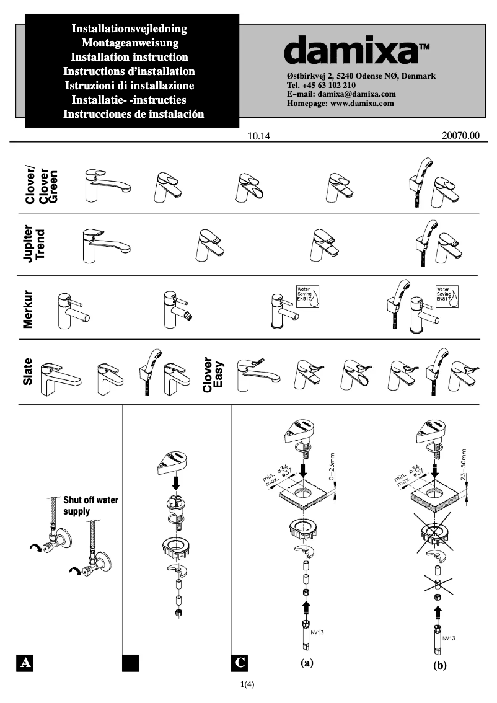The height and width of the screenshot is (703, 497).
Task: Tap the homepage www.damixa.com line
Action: click(x=340, y=104)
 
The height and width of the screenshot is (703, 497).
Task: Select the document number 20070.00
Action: click(x=461, y=136)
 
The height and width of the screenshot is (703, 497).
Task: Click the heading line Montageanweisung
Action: click(x=130, y=43)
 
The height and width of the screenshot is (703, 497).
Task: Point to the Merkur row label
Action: click(x=28, y=308)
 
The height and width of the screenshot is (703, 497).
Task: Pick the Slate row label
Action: click(x=28, y=372)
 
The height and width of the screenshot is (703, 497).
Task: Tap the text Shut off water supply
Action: click(x=90, y=506)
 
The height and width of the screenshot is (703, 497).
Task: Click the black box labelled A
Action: click(x=25, y=663)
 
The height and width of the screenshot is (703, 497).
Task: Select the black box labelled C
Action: click(x=240, y=663)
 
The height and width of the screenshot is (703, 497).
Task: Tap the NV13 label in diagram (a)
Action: click(x=317, y=632)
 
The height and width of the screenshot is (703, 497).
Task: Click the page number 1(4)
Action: click(x=248, y=684)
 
